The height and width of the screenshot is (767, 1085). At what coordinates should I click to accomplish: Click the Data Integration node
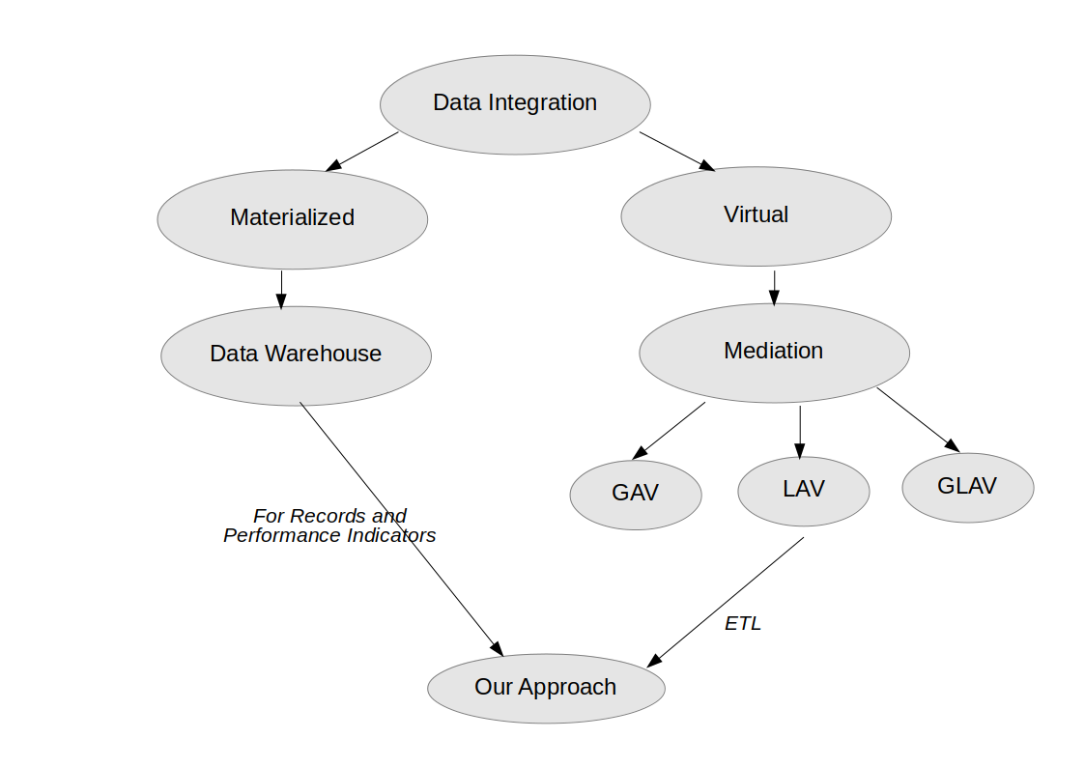pos(515,103)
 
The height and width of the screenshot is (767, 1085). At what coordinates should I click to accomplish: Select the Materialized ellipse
pos(292,218)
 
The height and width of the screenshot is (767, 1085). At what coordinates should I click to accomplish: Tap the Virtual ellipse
pos(756,215)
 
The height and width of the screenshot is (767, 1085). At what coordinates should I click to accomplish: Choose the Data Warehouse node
pos(296,355)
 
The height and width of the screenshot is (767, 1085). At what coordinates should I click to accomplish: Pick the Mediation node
pos(774,352)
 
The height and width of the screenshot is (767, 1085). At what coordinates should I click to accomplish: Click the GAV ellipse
pos(635,493)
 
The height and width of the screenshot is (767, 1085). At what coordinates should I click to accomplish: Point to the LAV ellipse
pos(803,490)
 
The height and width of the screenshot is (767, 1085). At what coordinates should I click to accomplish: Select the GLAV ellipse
pos(967,486)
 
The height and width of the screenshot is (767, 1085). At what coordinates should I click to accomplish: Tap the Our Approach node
pos(546,688)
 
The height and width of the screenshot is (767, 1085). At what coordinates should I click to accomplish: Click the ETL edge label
pos(743,624)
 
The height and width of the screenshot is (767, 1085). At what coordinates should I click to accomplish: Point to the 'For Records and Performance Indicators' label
pos(329,526)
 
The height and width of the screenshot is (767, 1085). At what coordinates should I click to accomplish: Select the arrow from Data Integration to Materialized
pos(362,152)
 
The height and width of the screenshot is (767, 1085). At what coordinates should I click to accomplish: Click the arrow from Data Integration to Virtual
pos(677,151)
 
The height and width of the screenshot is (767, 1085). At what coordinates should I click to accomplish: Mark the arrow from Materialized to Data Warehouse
pos(281,289)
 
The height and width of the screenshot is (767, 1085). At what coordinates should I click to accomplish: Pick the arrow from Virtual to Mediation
pos(774,287)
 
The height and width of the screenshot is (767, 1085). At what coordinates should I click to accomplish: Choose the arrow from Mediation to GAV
pos(669,431)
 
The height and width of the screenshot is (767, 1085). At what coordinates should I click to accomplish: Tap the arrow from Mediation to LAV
pos(800,431)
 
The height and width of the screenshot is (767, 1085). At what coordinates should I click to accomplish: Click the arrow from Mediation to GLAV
pos(918,419)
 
